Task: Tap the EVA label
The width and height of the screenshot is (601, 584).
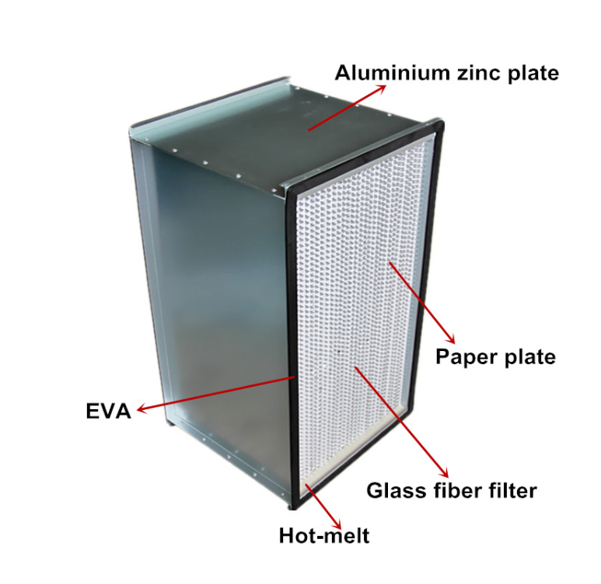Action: (x=109, y=412)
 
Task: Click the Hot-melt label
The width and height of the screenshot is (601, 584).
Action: (x=324, y=535)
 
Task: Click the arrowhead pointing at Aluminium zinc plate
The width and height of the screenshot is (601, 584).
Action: (x=381, y=89)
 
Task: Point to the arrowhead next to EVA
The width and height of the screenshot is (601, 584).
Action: (x=142, y=408)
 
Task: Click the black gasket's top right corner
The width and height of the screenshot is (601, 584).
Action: (x=442, y=122)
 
